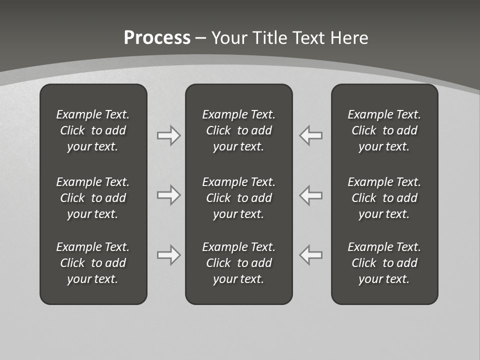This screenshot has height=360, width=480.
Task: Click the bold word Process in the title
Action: point(157,38)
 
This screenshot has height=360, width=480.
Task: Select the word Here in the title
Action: point(348,38)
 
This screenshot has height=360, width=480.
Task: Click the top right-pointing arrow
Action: point(168,135)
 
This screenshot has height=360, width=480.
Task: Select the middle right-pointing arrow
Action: point(168,195)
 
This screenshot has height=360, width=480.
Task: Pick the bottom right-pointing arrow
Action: point(168,255)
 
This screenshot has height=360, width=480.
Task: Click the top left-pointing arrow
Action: point(311,135)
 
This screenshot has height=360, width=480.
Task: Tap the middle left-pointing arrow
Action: point(311,195)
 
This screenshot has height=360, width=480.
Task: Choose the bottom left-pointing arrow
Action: point(311,255)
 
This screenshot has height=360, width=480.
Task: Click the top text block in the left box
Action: point(93,130)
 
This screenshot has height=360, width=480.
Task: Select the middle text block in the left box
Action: point(93,198)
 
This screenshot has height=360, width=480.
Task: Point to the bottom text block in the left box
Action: point(93,263)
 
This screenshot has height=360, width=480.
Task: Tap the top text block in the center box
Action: point(239,130)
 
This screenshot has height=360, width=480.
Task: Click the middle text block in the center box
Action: point(239,198)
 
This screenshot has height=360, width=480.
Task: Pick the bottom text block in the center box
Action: point(239,263)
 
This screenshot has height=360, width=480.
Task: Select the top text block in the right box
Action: point(384,130)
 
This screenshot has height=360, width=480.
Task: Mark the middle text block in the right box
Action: point(384,198)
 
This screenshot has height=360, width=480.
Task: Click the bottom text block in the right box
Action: point(384,263)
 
